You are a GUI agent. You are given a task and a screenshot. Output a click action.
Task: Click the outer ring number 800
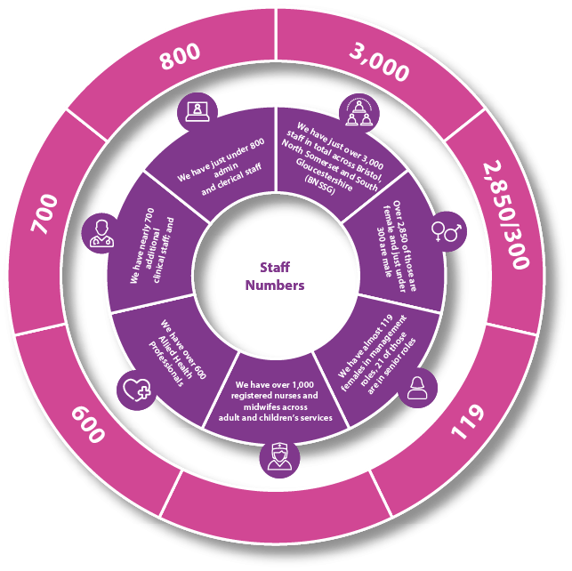[x=181, y=56]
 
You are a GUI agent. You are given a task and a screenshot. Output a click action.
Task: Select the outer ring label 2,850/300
[x=505, y=214]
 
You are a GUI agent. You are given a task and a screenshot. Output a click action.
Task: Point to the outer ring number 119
[x=468, y=421]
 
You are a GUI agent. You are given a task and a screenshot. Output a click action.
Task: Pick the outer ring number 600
[x=88, y=425]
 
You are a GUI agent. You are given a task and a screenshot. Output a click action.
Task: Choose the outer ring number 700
[x=44, y=214]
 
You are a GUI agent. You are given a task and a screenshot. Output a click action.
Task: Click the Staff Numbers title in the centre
[x=275, y=276]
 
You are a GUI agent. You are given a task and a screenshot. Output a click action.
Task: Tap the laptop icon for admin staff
[x=197, y=112]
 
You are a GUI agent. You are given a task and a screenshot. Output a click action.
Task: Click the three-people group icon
[x=359, y=113]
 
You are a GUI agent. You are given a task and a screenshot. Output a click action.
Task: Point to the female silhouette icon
[x=417, y=388]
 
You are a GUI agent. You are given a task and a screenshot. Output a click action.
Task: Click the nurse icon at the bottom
[x=279, y=458]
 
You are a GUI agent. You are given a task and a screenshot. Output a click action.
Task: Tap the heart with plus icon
[x=137, y=390]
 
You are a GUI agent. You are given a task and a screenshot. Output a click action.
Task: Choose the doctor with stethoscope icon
[x=101, y=233]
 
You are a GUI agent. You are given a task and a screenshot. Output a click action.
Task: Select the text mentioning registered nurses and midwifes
[x=276, y=401]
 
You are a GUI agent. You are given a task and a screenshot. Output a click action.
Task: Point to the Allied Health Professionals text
[x=177, y=352]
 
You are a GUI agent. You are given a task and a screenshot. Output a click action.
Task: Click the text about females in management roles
[x=375, y=355]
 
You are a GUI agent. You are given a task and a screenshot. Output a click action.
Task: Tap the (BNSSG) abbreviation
[x=320, y=186]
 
